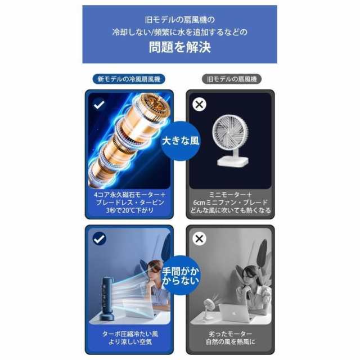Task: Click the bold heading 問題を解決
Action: tap(179, 47)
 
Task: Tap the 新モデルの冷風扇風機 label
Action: tap(129, 79)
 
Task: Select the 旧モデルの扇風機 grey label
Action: tap(232, 79)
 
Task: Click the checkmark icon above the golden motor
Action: tap(99, 104)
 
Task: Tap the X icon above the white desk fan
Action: tap(199, 104)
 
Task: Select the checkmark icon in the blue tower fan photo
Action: tap(99, 239)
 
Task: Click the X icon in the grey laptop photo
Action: tap(199, 239)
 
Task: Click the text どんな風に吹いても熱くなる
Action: tap(231, 210)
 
